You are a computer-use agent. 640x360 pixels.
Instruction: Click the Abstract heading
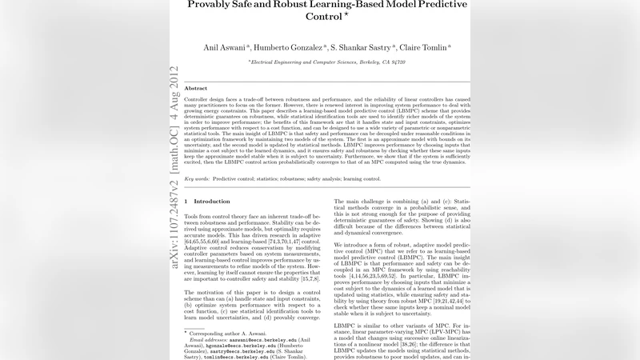196,88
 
